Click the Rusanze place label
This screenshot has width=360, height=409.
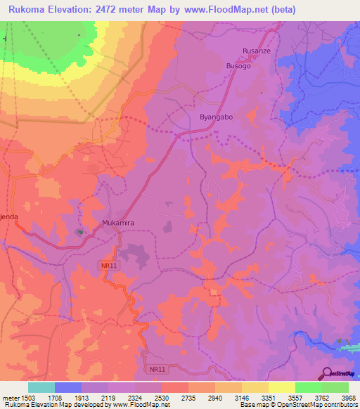coord(256,51)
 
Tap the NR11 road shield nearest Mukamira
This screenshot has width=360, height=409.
coord(105,264)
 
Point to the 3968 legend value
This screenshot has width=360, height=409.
coord(348,398)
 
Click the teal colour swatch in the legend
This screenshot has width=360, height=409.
coord(41,387)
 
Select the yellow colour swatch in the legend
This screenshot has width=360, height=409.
coord(281,387)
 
